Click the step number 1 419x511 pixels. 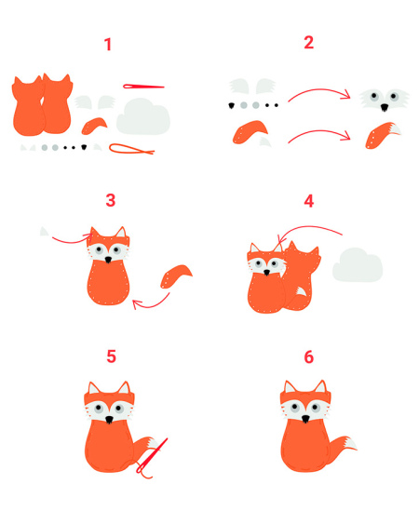[108, 45]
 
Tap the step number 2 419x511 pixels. [308, 43]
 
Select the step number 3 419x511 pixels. [111, 200]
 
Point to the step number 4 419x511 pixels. [309, 201]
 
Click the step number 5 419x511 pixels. [111, 356]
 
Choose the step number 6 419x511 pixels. [309, 356]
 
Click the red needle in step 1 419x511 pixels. [143, 87]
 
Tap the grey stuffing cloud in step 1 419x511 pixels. [143, 116]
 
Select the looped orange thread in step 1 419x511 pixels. [131, 149]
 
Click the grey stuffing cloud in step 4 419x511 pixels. [358, 264]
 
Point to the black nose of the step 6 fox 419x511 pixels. [305, 419]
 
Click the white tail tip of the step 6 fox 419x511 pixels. [350, 444]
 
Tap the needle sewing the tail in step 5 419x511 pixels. [151, 456]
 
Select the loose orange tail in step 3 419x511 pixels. [176, 276]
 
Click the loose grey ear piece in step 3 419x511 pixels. [44, 232]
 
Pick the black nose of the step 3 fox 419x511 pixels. [108, 260]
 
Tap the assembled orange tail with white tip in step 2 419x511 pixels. [383, 135]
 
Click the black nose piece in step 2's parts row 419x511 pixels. [232, 105]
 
